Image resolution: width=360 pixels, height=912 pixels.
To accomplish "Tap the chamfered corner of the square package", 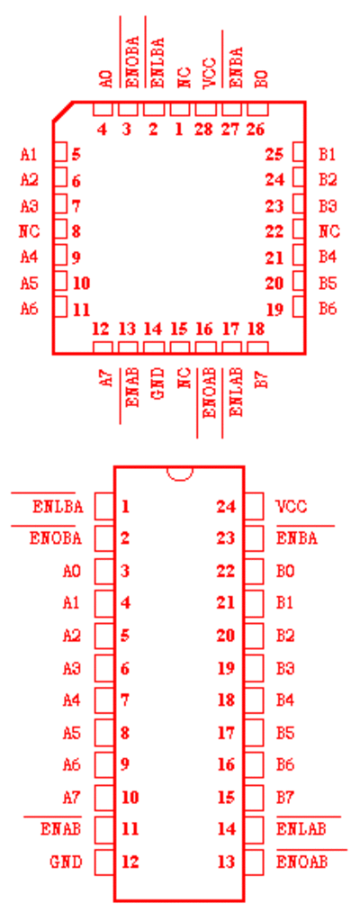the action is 63,112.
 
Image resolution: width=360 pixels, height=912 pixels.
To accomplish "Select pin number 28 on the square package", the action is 204,129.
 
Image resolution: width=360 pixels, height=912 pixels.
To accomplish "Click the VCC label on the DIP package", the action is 292,507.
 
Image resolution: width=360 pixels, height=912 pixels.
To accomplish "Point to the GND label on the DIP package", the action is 66,862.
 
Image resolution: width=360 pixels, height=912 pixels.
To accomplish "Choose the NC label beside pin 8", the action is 29,231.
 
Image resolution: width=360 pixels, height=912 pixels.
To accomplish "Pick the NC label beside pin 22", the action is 328,231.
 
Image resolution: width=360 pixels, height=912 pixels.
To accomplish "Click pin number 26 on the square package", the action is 256,129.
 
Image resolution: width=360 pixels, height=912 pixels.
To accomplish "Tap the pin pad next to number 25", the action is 299,154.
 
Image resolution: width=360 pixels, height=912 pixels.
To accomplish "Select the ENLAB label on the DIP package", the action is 301,828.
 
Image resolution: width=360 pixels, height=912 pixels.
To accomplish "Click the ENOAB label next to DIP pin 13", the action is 302,862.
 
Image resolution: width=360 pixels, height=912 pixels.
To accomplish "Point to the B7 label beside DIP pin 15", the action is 285,797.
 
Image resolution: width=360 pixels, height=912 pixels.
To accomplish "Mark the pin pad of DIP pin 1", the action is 104,507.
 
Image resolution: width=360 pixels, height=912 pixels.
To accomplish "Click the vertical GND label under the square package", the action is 157,383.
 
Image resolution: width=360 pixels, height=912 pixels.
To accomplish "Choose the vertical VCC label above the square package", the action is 210,73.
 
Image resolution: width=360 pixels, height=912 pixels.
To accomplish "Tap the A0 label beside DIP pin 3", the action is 71,571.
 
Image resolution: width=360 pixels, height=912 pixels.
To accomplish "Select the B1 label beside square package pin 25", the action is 328,154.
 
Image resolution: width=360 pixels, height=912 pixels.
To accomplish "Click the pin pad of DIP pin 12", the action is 104,862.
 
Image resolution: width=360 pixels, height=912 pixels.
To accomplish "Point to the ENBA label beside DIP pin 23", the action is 297,538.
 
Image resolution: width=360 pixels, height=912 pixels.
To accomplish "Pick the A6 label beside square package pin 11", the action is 29,308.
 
